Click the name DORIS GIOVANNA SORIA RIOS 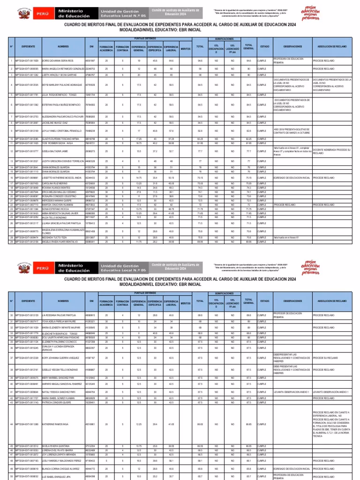point(58,60)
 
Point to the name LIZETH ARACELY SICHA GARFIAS point(58,75)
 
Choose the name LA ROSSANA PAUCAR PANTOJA point(59,315)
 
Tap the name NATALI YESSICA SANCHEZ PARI point(59,391)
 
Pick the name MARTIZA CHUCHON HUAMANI point(56,205)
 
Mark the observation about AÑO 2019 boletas point(292,130)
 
